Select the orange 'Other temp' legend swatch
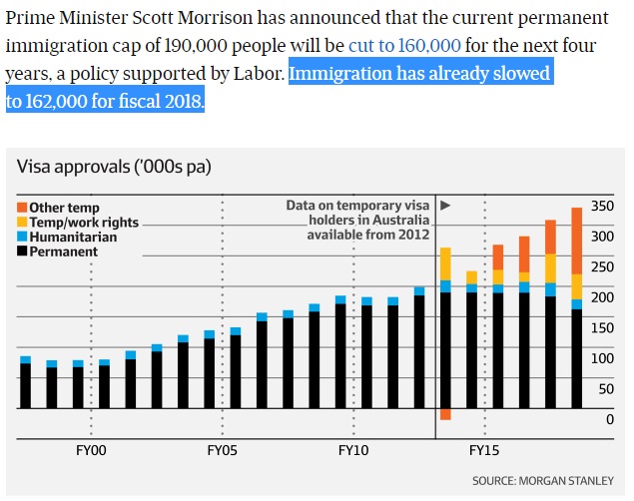pyautogui.click(x=22, y=207)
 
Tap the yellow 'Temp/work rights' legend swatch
pyautogui.click(x=22, y=222)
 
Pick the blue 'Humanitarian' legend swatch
pyautogui.click(x=22, y=237)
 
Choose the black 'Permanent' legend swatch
pyautogui.click(x=22, y=251)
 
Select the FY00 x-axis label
pyautogui.click(x=91, y=450)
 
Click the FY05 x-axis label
pyautogui.click(x=222, y=450)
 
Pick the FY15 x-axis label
pyautogui.click(x=484, y=450)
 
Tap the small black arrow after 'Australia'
pyautogui.click(x=445, y=206)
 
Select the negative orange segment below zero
pyautogui.click(x=445, y=414)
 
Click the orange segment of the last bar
pyautogui.click(x=577, y=240)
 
